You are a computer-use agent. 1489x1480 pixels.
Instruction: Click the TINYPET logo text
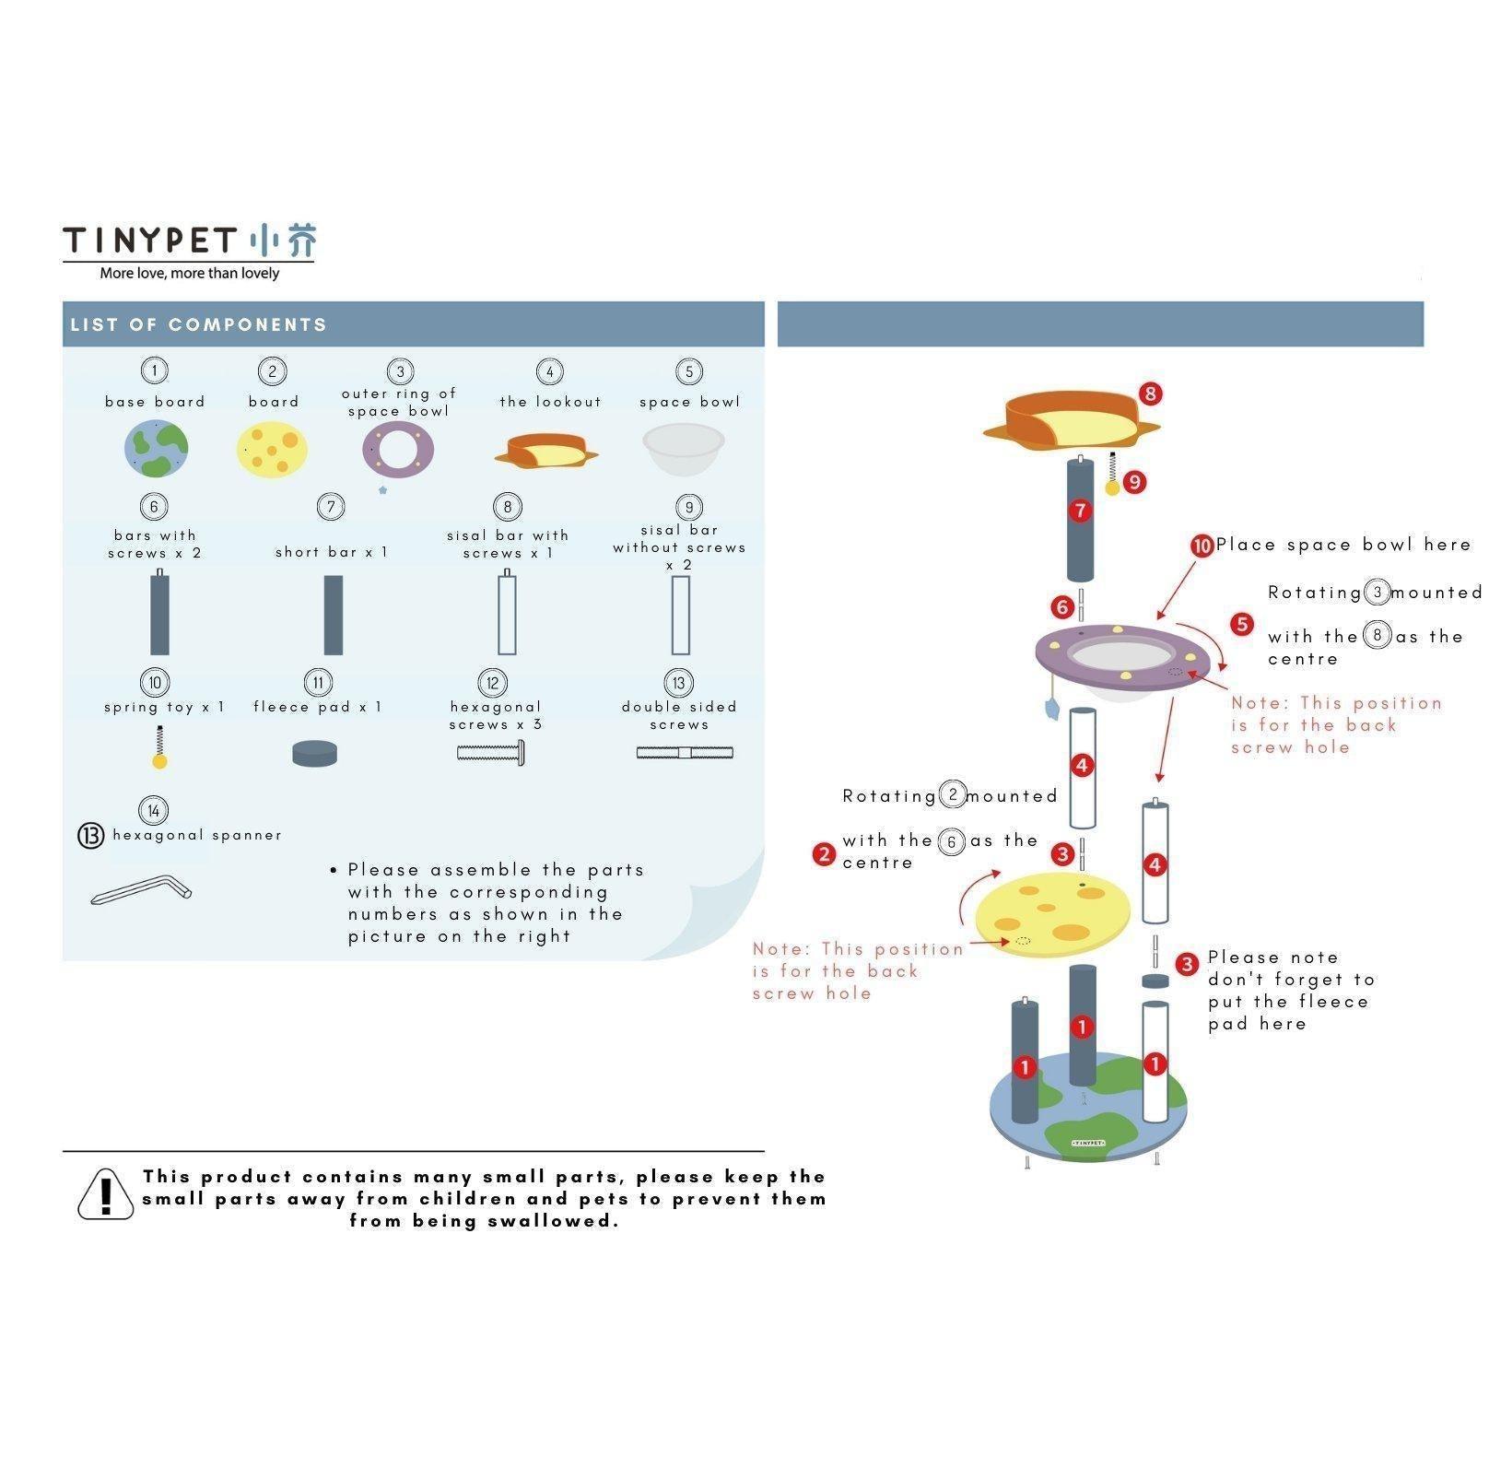click(x=150, y=241)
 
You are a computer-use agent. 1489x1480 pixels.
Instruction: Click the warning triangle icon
click(x=105, y=1194)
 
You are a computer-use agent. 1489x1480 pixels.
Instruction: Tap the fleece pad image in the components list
click(x=314, y=753)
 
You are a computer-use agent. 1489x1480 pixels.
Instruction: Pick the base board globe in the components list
click(x=156, y=449)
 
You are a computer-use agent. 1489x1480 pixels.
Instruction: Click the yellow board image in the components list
click(x=272, y=450)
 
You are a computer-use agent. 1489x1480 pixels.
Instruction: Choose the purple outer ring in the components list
click(x=398, y=450)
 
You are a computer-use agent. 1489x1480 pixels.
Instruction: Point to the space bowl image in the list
click(x=683, y=449)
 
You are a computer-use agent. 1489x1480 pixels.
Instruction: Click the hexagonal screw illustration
click(x=492, y=753)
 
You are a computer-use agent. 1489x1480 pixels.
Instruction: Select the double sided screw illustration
click(x=685, y=753)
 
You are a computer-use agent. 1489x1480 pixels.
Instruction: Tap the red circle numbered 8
click(x=1150, y=393)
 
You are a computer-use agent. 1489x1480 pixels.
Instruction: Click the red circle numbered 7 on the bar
click(x=1081, y=511)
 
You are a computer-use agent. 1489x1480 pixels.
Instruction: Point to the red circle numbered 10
click(x=1202, y=546)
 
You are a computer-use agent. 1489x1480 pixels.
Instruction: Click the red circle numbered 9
click(x=1134, y=482)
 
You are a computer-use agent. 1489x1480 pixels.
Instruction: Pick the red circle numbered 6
click(x=1062, y=606)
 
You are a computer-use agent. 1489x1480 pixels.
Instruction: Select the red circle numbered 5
click(x=1242, y=625)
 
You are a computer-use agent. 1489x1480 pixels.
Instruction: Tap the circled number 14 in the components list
click(x=153, y=810)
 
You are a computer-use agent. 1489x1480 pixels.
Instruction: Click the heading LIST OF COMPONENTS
click(x=198, y=324)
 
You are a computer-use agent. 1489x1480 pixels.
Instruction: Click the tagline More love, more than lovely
click(x=189, y=273)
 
